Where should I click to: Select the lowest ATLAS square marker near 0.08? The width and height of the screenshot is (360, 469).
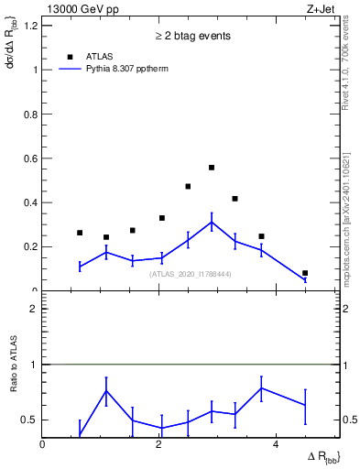(x=305, y=273)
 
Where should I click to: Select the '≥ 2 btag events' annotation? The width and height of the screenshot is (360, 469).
(x=191, y=36)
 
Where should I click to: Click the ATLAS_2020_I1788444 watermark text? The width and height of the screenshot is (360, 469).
(x=191, y=274)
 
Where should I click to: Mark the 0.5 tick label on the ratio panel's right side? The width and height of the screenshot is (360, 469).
(x=348, y=420)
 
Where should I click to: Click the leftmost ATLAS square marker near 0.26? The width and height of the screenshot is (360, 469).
(x=80, y=233)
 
